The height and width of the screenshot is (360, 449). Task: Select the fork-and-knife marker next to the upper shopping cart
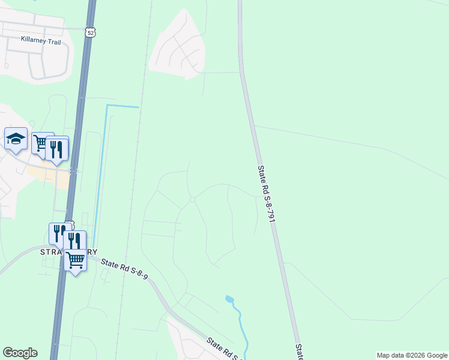coord(56,149)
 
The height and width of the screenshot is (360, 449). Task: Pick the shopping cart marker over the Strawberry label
coord(75,261)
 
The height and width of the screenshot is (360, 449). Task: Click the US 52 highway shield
coord(90,33)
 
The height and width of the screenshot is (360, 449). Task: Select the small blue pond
coord(229,299)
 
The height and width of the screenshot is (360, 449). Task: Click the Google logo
coord(20,353)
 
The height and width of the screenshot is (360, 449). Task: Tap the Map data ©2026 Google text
coord(411,355)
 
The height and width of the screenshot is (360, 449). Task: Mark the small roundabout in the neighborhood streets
coord(192,200)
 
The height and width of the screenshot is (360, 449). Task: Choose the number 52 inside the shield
coord(90,34)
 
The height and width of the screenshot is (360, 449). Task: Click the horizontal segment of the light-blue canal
coord(122,106)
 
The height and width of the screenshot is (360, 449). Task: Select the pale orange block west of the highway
coord(45,175)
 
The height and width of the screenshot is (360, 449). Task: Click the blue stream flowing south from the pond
coord(240,327)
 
